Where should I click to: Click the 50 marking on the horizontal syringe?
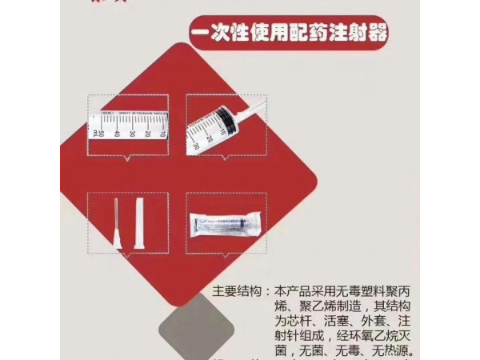[98, 130]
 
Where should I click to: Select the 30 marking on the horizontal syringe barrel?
[130, 130]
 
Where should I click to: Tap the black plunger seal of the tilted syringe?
[226, 121]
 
